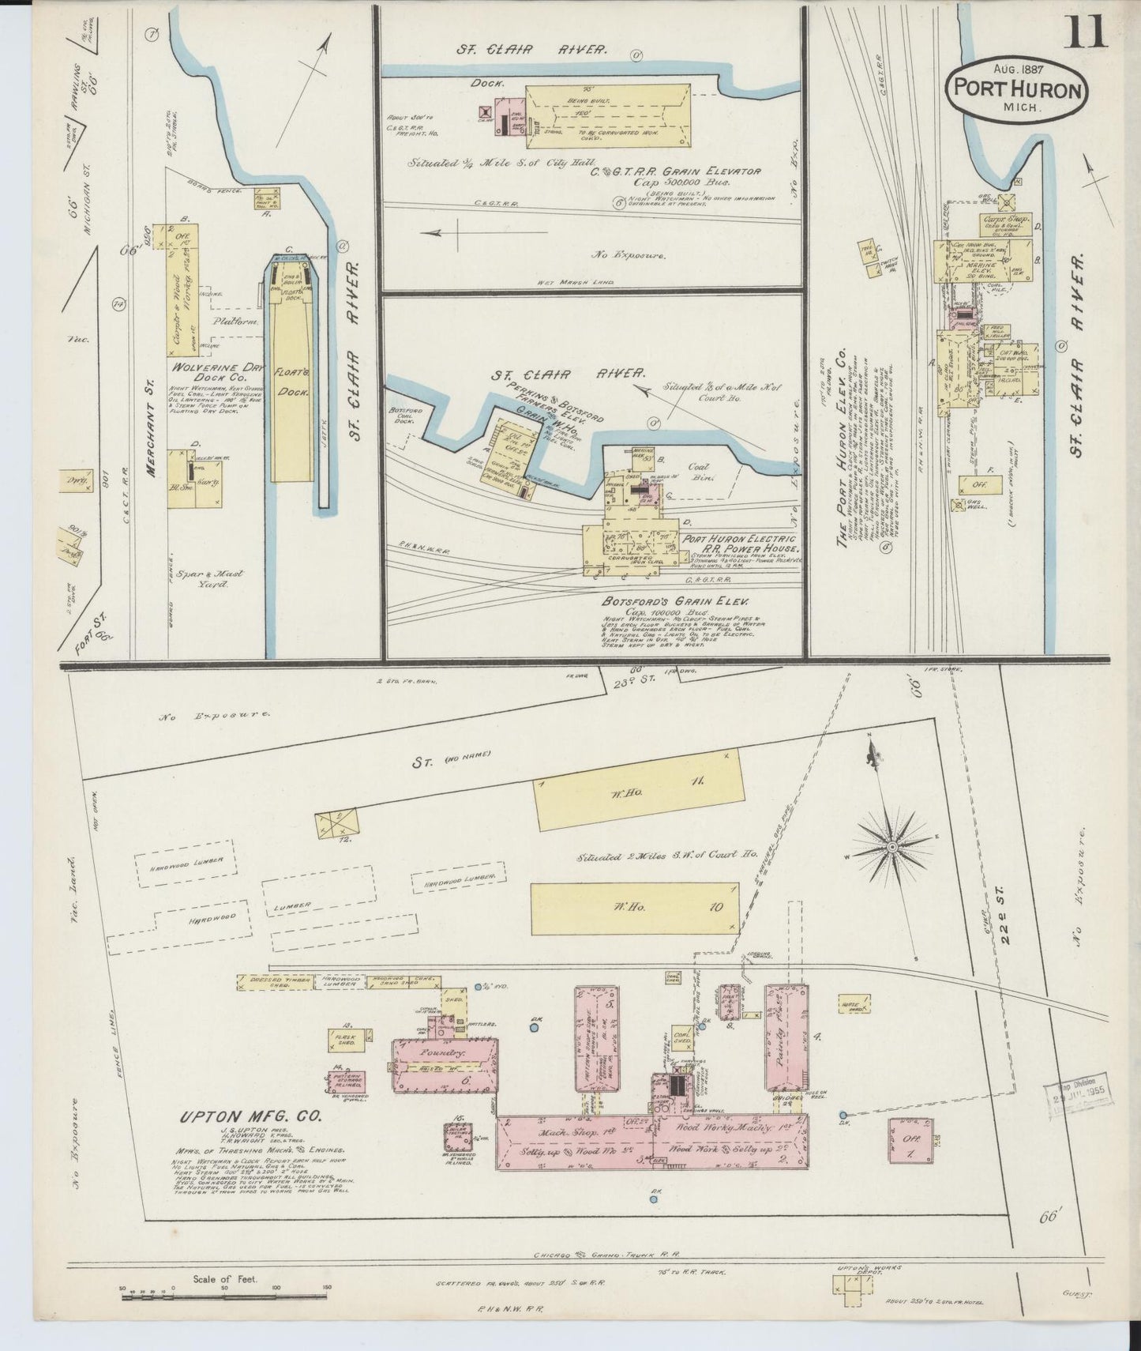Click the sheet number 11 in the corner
[x=1087, y=33]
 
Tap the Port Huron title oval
[x=1016, y=89]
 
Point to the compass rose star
[x=891, y=846]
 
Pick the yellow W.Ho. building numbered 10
[x=635, y=906]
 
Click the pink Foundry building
[x=445, y=1065]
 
